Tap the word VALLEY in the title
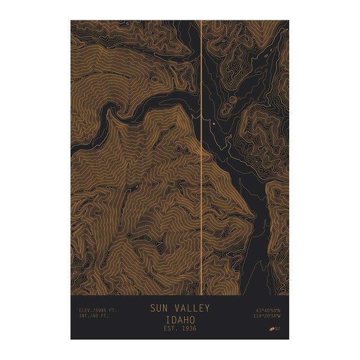191,308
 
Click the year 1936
188,328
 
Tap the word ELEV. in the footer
85,310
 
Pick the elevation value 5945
100,310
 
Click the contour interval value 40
96,316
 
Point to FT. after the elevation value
112,310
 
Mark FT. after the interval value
105,316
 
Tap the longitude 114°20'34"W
266,316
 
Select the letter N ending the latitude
279,310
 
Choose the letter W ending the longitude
279,316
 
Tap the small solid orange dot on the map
213,123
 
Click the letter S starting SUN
152,308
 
